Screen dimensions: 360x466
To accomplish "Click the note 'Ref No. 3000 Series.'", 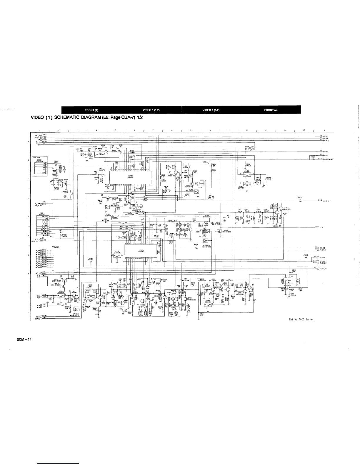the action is (x=302, y=319).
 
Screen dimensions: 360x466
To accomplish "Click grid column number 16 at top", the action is (x=324, y=130).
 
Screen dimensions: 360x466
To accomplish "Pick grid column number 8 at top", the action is (x=171, y=130).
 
